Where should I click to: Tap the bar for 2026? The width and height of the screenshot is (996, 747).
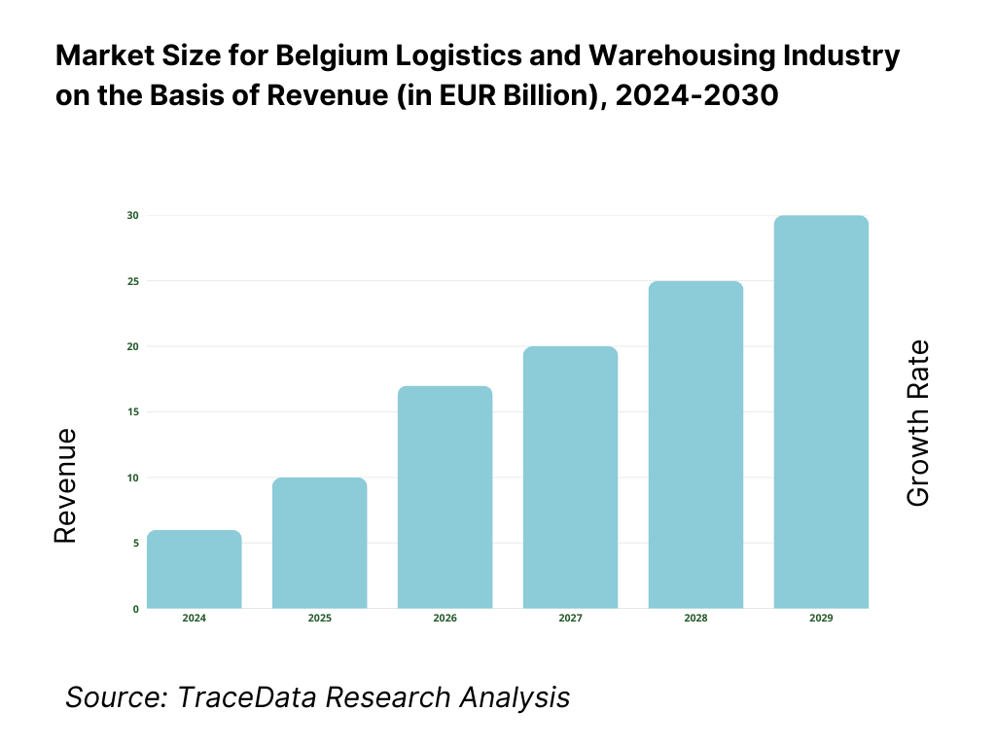[x=445, y=497]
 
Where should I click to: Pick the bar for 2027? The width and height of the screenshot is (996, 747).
[x=570, y=478]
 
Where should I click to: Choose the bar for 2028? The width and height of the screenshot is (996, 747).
[x=695, y=445]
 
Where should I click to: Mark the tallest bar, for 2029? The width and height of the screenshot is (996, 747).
[x=821, y=412]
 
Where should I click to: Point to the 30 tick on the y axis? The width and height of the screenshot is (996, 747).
[x=132, y=215]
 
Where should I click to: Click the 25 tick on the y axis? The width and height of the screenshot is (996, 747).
[x=132, y=281]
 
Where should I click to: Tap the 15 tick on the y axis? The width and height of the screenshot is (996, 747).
[x=132, y=412]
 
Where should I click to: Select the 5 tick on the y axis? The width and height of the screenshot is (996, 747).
[x=134, y=543]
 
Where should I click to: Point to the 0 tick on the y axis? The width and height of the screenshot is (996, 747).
[x=135, y=609]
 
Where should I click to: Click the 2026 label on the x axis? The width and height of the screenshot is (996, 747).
[x=445, y=619]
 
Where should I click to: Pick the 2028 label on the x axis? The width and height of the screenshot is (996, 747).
[x=695, y=619]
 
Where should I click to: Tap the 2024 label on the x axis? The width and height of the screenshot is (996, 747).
[x=195, y=619]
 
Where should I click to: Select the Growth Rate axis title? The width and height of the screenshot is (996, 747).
[x=917, y=423]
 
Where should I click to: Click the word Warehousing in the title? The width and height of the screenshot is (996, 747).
[x=643, y=57]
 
